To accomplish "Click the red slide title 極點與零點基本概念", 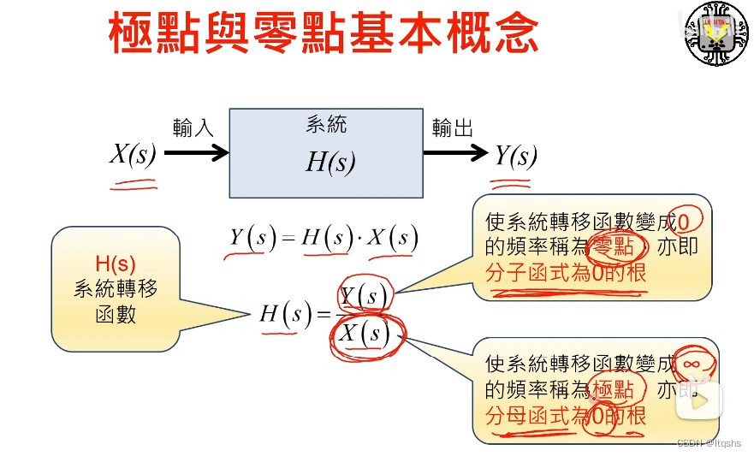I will tap(324, 33).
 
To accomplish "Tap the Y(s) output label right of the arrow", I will tap(515, 155).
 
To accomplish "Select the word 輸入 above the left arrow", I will tap(193, 128).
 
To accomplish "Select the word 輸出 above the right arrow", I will tap(452, 128).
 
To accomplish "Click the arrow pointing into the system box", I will tap(196, 153).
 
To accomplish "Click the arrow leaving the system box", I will tap(454, 153).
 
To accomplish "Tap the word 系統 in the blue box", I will tap(326, 125).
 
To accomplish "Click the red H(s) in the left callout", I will tap(116, 264).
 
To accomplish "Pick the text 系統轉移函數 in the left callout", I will tap(116, 302).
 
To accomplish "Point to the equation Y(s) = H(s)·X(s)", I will tap(324, 239).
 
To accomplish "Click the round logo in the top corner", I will tap(717, 33).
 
